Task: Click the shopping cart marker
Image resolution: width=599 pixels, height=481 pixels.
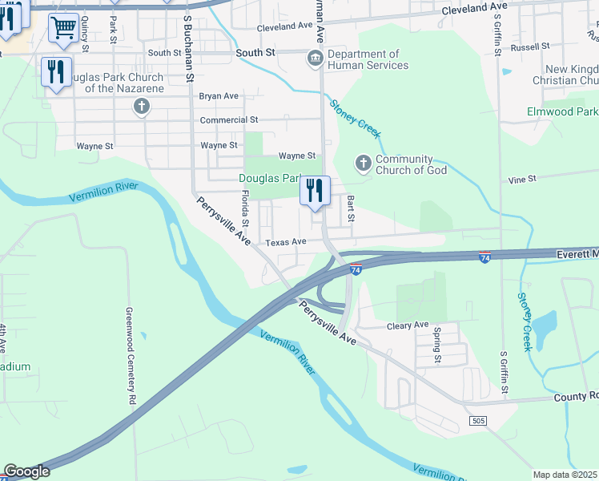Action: pyautogui.click(x=63, y=28)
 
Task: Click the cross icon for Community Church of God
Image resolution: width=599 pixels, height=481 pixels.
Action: pyautogui.click(x=363, y=164)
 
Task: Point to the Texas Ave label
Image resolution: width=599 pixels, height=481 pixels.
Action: pyautogui.click(x=287, y=242)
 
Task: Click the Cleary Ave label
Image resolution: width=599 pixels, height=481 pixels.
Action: pyautogui.click(x=408, y=325)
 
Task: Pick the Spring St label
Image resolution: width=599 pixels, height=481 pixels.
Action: pyautogui.click(x=437, y=345)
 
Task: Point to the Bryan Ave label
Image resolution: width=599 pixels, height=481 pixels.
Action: pyautogui.click(x=219, y=96)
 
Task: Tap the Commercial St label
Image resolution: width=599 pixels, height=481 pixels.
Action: pyautogui.click(x=224, y=120)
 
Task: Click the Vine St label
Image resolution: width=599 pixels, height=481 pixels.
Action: pyautogui.click(x=521, y=180)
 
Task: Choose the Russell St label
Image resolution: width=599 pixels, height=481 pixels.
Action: pyautogui.click(x=527, y=47)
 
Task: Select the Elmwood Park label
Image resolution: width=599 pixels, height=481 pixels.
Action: pyautogui.click(x=562, y=111)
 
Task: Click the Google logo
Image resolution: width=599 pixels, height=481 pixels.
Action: pyautogui.click(x=26, y=471)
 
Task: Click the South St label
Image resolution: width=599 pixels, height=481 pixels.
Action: pyautogui.click(x=255, y=53)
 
